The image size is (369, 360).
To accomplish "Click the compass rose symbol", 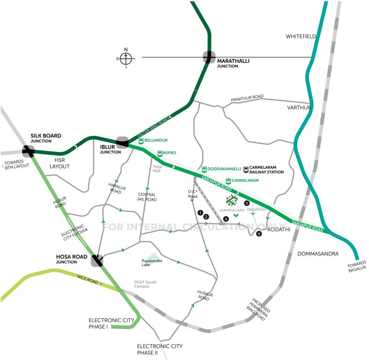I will [126, 58].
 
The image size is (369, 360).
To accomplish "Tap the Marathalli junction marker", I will [209, 57].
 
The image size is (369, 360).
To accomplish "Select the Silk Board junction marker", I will [28, 151].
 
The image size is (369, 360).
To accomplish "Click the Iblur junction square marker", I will [123, 142].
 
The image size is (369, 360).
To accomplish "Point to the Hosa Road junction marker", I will [97, 261].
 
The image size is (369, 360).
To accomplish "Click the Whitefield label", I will [301, 36].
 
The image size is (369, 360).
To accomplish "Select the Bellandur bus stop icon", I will [141, 140].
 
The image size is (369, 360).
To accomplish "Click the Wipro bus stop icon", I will [160, 153].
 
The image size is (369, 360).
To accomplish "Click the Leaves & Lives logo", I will [232, 201].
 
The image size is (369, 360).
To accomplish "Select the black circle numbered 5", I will [247, 203].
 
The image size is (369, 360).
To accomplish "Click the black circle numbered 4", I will [258, 233].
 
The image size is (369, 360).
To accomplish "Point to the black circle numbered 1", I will [200, 213].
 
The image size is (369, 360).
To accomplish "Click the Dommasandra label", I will [317, 254].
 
